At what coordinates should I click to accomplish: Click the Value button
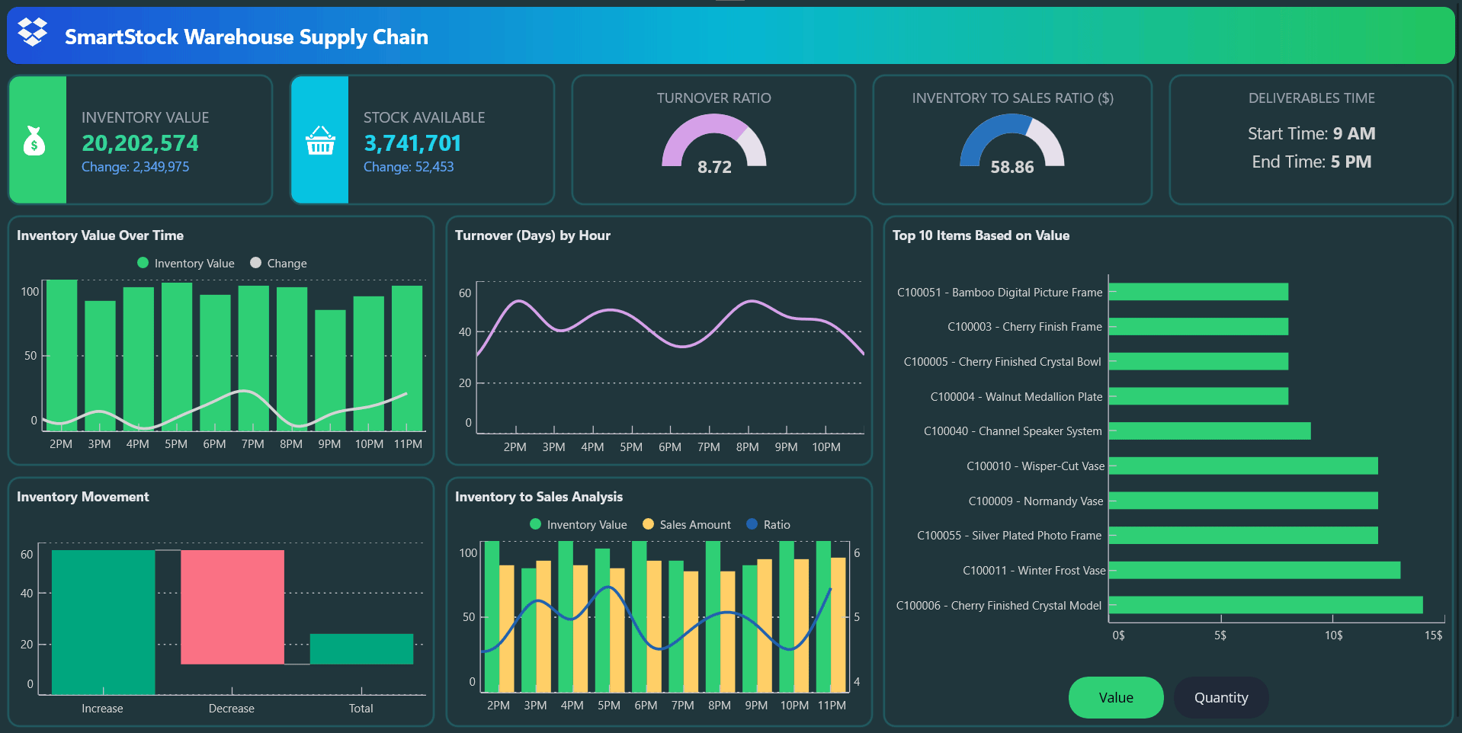pyautogui.click(x=1115, y=697)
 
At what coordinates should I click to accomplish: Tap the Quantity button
pyautogui.click(x=1220, y=697)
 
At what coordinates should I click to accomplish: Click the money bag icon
pyautogui.click(x=34, y=141)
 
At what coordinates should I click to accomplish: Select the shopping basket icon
pyautogui.click(x=320, y=141)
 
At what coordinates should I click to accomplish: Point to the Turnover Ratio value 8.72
pyautogui.click(x=714, y=167)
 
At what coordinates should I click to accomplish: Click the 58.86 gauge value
pyautogui.click(x=1012, y=167)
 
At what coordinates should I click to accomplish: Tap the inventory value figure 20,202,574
pyautogui.click(x=140, y=143)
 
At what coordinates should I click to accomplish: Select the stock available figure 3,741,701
pyautogui.click(x=412, y=143)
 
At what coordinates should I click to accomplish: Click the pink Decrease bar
pyautogui.click(x=232, y=607)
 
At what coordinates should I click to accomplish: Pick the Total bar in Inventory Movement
pyautogui.click(x=361, y=648)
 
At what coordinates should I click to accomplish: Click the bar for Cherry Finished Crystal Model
pyautogui.click(x=1265, y=605)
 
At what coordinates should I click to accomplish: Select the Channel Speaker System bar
pyautogui.click(x=1210, y=431)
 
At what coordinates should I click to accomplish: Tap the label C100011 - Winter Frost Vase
pyautogui.click(x=1034, y=571)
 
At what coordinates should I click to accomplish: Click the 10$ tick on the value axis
pyautogui.click(x=1333, y=635)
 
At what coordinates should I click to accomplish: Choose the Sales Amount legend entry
pyautogui.click(x=687, y=525)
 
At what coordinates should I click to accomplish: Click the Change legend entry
pyautogui.click(x=278, y=264)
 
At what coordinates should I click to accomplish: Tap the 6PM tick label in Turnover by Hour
pyautogui.click(x=670, y=447)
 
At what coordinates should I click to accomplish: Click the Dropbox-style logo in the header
pyautogui.click(x=33, y=32)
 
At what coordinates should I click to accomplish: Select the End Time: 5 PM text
pyautogui.click(x=1311, y=162)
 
